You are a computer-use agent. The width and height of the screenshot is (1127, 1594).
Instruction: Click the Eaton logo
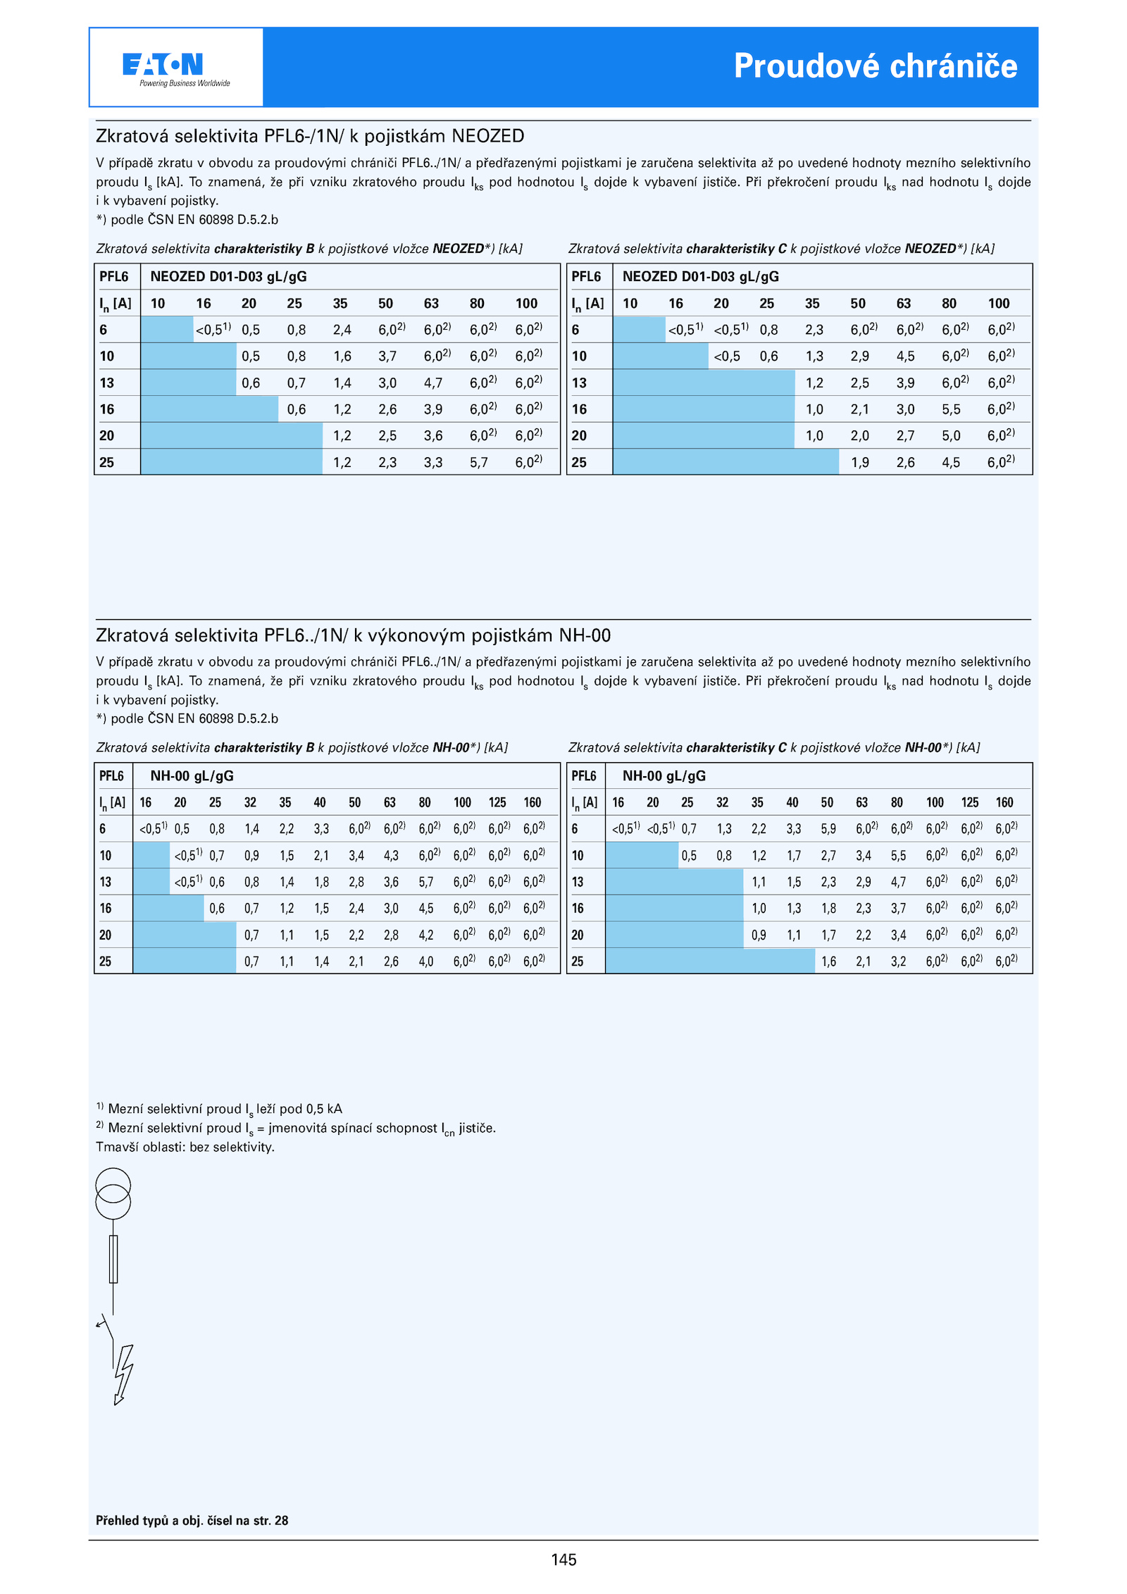coord(163,64)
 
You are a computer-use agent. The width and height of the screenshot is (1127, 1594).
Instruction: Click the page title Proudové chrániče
coord(876,66)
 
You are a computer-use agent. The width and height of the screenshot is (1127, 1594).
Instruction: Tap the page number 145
coord(563,1559)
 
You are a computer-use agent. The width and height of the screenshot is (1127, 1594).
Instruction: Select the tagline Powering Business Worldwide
coord(185,83)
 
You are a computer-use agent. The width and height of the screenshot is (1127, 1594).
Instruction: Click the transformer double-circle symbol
coord(113,1193)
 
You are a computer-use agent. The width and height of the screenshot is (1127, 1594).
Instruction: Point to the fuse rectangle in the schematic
coord(113,1259)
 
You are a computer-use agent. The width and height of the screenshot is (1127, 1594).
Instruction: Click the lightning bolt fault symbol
coord(123,1375)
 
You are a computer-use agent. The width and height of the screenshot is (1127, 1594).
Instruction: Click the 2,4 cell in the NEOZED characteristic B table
coord(342,330)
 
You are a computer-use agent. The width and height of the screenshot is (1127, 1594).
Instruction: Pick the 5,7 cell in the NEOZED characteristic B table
coord(479,463)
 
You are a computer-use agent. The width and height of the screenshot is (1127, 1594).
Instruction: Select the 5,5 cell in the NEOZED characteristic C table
coord(951,409)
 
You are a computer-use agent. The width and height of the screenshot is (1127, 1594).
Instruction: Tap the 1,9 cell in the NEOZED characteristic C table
coord(860,463)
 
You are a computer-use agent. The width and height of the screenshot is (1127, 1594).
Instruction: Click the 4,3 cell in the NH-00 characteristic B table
coord(391,856)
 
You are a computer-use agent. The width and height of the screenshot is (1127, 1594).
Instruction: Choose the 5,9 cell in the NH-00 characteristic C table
coord(828,829)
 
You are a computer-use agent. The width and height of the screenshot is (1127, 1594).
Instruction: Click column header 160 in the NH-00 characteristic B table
coord(533,802)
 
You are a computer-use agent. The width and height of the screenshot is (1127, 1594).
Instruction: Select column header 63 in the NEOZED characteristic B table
coord(431,304)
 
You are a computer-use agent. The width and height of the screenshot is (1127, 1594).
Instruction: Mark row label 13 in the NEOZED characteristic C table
coord(579,382)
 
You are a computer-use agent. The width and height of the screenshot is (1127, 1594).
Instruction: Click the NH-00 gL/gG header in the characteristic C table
coord(664,776)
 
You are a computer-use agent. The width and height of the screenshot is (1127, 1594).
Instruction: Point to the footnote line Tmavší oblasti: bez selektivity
coord(185,1147)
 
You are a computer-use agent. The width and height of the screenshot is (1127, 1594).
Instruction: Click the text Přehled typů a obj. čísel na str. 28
coord(192,1521)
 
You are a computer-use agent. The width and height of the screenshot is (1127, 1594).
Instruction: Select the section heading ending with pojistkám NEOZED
coord(310,136)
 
